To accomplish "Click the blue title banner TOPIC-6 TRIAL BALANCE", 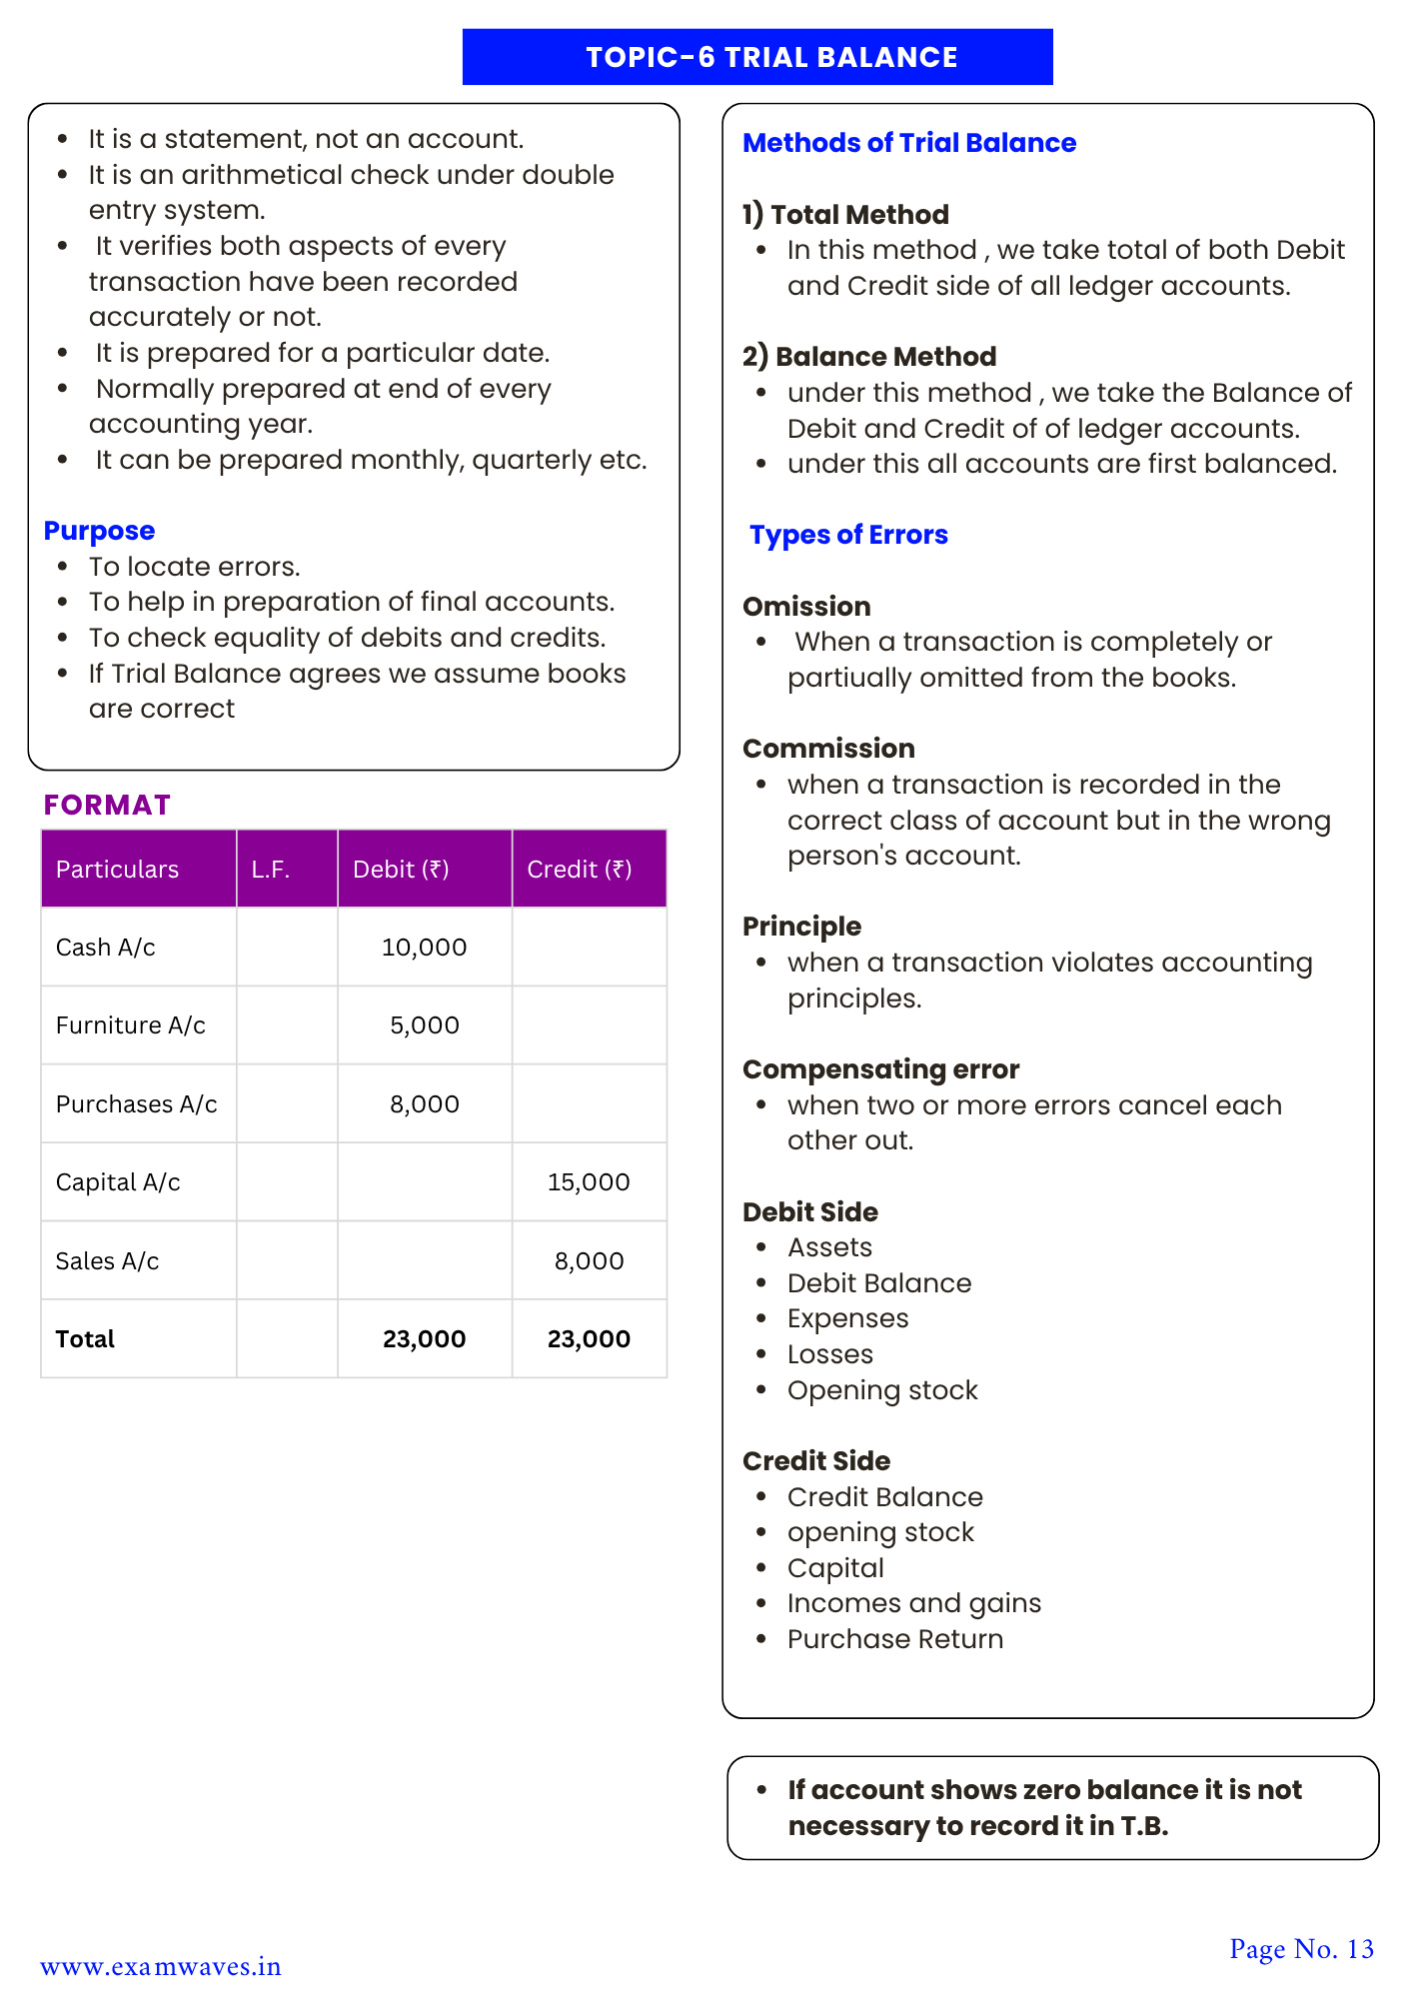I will (756, 57).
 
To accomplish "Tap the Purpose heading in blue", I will (99, 531).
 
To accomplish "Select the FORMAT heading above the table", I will (107, 805).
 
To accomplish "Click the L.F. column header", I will (271, 870).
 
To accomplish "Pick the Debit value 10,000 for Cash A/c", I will (424, 948).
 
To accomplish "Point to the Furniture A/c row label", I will (130, 1025).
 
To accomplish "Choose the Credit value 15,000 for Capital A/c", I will (588, 1182).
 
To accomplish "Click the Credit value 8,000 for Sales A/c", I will (588, 1261).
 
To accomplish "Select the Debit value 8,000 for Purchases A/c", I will (424, 1104).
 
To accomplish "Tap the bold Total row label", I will (85, 1339).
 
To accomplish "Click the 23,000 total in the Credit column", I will (588, 1339).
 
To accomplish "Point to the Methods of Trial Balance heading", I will (908, 143).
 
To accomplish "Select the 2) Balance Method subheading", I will (868, 357).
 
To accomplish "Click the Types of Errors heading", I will (847, 535).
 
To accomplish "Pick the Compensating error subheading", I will (880, 1069).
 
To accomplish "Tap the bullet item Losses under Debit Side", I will (829, 1354).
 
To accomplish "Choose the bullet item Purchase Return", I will (894, 1639).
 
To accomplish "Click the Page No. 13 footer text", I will (1301, 1949).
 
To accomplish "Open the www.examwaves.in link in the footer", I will (160, 1967).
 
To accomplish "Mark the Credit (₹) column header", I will (579, 870).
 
